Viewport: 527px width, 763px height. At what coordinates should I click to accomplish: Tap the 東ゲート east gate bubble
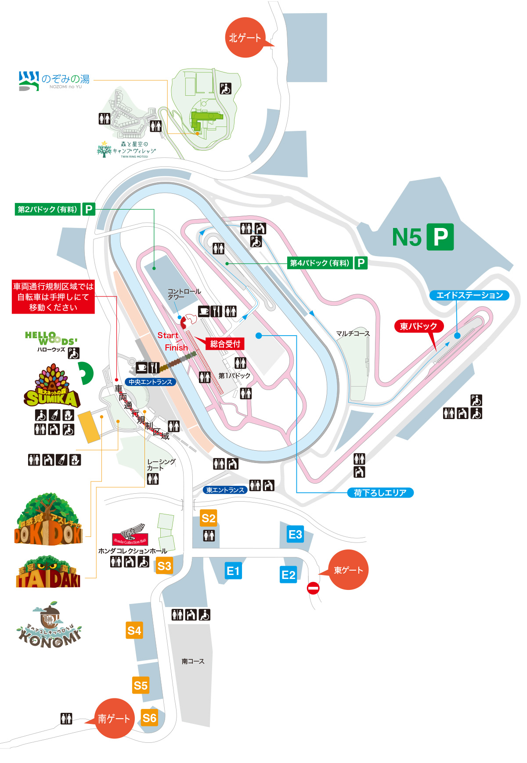(348, 570)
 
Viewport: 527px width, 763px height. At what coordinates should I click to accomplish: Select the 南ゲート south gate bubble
(114, 718)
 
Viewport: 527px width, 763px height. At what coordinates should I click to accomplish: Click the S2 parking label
(208, 518)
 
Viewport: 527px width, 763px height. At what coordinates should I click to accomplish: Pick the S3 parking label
(164, 566)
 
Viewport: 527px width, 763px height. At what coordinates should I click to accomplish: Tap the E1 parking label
(233, 571)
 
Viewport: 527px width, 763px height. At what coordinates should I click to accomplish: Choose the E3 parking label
(295, 535)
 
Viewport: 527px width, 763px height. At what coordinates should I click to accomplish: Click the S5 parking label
(141, 686)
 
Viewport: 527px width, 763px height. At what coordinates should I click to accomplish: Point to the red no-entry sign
(313, 588)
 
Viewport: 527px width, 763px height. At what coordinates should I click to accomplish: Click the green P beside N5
(440, 237)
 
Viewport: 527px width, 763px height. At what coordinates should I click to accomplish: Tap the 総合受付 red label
(225, 344)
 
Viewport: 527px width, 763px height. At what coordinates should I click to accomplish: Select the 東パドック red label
(419, 326)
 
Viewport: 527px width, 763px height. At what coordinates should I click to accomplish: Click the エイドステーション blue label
(469, 295)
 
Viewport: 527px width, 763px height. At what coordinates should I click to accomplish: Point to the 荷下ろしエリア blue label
(380, 493)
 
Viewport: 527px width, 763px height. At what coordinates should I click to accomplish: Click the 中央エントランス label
(150, 382)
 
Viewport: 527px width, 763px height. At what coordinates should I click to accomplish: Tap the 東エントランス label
(225, 490)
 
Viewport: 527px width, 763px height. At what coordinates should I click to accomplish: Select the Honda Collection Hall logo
(130, 535)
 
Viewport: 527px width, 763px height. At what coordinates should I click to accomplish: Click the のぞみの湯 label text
(65, 79)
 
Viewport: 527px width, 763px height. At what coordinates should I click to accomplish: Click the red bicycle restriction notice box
(53, 297)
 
